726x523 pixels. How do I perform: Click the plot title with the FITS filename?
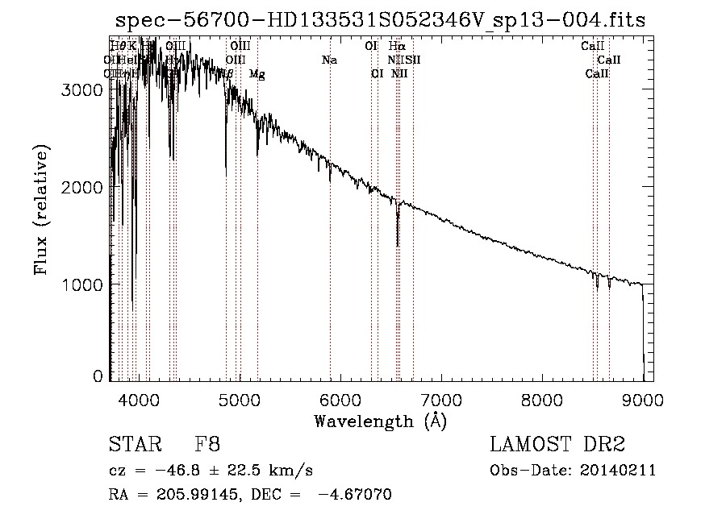[x=380, y=20]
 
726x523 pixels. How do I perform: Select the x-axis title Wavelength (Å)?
[x=380, y=421]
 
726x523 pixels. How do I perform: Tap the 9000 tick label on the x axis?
[x=643, y=398]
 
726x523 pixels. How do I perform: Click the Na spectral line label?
[x=329, y=60]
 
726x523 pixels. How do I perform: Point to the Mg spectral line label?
[x=257, y=74]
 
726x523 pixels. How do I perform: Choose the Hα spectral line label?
[x=396, y=47]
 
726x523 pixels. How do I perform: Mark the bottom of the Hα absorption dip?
[x=397, y=245]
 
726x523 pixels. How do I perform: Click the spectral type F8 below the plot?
[x=207, y=445]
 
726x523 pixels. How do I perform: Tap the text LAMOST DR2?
[x=557, y=445]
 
